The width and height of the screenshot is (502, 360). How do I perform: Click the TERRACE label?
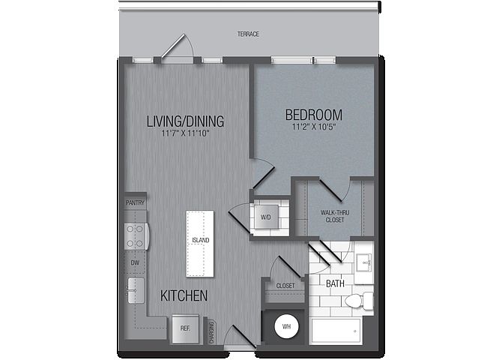[248, 34]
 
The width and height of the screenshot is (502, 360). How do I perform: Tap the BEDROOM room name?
[314, 115]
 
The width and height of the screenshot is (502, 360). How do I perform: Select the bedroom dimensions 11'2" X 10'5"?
[314, 127]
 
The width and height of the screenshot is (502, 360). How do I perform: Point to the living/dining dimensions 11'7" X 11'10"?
[185, 133]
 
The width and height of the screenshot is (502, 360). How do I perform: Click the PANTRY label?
[135, 203]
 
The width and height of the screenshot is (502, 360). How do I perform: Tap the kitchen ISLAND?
[200, 244]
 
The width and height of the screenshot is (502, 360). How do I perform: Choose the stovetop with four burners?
[136, 236]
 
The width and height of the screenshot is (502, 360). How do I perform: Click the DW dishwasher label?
[135, 262]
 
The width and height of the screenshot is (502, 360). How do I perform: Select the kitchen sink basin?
[136, 290]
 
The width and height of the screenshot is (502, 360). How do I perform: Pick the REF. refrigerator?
[185, 328]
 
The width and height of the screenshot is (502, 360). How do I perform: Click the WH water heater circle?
[286, 327]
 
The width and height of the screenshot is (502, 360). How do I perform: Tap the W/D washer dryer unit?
[266, 217]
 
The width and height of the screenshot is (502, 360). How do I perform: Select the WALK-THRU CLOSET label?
[335, 216]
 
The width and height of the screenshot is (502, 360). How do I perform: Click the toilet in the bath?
[359, 301]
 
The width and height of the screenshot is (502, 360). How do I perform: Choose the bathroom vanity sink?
[363, 262]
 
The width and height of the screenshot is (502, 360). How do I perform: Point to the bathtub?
[336, 331]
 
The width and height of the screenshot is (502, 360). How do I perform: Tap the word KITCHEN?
[184, 295]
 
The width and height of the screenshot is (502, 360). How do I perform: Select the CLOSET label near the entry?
[285, 286]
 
